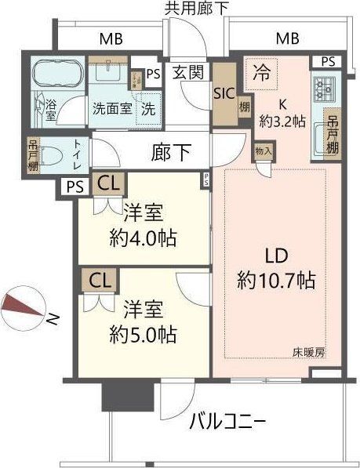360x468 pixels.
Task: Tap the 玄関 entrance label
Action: click(x=188, y=73)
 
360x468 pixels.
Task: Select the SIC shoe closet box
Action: click(x=222, y=92)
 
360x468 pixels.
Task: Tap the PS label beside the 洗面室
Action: click(x=153, y=75)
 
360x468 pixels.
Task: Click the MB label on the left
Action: click(x=110, y=38)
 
